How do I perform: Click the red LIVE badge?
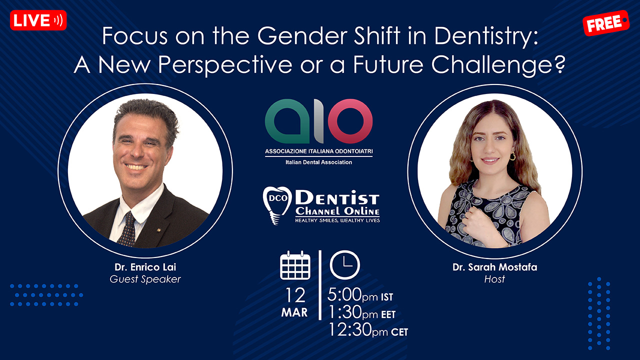pos(38,20)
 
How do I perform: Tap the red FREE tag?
pos(605,23)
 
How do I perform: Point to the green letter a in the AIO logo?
pos(287,121)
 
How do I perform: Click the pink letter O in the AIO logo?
pos(350,121)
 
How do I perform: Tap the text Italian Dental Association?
pos(318,162)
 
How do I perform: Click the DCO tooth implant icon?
pos(276,205)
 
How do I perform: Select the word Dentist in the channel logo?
pos(337,197)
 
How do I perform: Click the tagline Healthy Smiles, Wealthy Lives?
pos(337,220)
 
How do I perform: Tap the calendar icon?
pos(295,265)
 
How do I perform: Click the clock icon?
pos(345,265)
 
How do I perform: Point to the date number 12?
pos(295,295)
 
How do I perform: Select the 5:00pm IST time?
pos(360,295)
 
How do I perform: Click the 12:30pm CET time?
pos(368,329)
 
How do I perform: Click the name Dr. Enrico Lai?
pos(145,267)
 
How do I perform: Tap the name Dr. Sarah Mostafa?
pos(495,267)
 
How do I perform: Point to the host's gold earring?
pos(512,156)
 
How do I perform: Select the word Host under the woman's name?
pos(494,279)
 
